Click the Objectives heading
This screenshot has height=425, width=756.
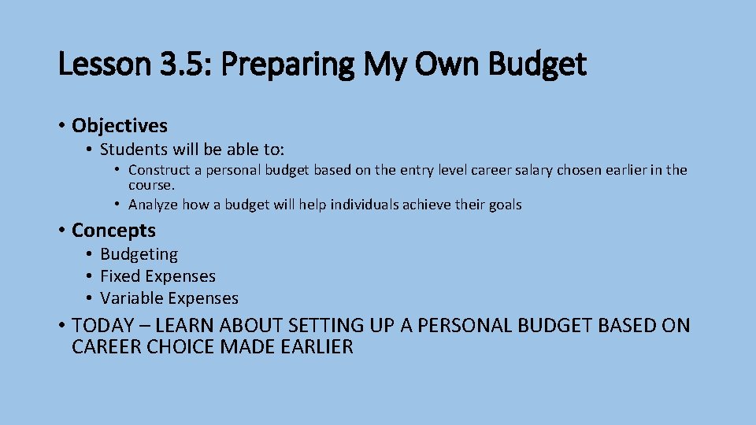120,126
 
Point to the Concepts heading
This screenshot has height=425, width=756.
113,231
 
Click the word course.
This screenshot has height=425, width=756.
151,186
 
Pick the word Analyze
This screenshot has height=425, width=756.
154,205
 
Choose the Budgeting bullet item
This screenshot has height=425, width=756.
139,254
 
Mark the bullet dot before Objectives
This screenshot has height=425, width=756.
61,126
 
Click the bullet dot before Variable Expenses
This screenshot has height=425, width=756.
91,298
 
